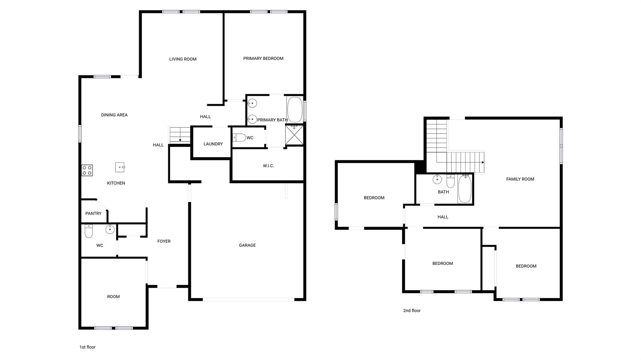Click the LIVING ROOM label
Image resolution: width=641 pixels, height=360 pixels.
coord(183,59)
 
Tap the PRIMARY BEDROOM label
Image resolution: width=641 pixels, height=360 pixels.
coord(263,58)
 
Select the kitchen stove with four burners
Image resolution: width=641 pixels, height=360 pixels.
coord(87,170)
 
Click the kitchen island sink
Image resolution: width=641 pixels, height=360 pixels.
coord(120,167)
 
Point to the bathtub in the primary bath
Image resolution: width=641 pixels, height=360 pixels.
coord(295,109)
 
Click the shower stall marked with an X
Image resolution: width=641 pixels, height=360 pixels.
coord(294,135)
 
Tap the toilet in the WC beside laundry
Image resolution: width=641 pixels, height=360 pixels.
coord(239,138)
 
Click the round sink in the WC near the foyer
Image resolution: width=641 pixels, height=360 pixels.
coord(110,229)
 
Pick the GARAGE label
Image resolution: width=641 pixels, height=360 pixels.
coord(247,245)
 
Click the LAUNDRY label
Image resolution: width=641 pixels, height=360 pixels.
coord(213,144)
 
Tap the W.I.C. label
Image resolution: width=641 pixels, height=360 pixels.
coord(268,166)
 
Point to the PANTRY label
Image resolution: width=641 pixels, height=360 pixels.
coord(93,213)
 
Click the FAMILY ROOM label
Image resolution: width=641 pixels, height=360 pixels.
coord(520,179)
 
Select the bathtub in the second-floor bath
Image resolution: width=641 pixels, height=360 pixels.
coord(465,189)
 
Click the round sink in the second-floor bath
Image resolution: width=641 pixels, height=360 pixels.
coord(437,180)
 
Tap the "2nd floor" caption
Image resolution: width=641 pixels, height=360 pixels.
coord(412,311)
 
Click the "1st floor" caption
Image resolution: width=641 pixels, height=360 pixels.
coord(88,347)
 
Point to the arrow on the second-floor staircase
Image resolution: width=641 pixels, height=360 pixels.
coord(483,162)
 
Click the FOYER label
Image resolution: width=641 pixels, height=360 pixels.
coord(164,241)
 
